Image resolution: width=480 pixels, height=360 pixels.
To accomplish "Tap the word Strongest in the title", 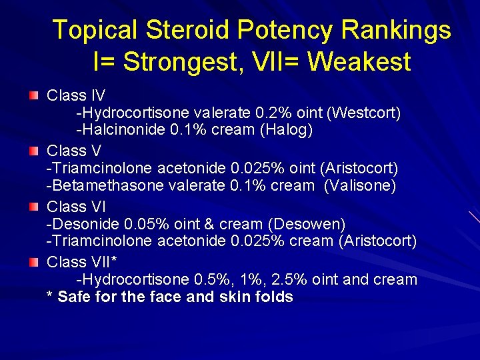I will [175, 62].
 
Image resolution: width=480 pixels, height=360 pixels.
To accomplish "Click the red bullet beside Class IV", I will [34, 97].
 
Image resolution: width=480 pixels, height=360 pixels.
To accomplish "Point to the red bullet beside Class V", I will [34, 151].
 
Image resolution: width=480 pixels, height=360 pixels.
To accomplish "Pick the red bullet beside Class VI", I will [34, 207].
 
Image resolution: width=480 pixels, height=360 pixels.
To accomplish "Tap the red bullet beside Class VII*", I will [34, 263].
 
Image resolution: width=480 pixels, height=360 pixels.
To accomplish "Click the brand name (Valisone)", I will [359, 186].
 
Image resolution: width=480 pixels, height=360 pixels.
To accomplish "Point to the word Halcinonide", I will [124, 130].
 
